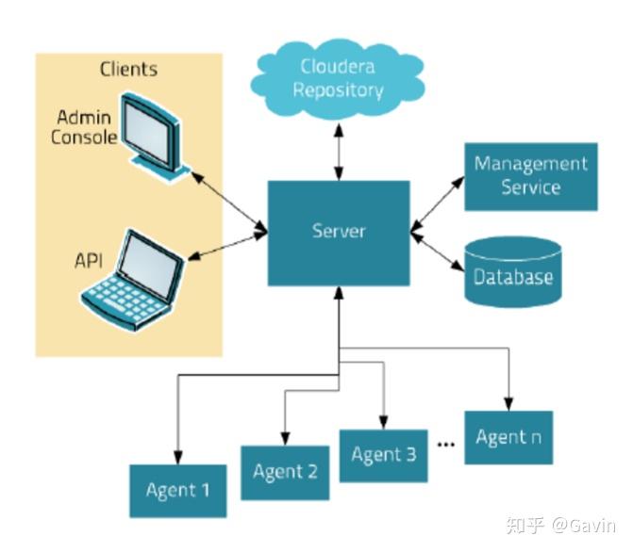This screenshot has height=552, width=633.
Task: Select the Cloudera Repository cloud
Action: [x=339, y=79]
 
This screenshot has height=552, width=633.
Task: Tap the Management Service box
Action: [x=530, y=176]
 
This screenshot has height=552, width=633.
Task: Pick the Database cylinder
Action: [x=513, y=272]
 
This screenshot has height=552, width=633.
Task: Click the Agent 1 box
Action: [x=178, y=490]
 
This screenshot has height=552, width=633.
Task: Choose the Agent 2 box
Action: [x=285, y=472]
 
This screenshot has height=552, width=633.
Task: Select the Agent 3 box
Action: [x=383, y=455]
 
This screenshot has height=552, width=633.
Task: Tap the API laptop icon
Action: [x=131, y=278]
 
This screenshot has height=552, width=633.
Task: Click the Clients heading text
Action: [x=128, y=70]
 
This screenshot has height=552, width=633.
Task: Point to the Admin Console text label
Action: [x=86, y=127]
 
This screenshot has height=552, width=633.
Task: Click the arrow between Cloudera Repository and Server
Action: [x=339, y=150]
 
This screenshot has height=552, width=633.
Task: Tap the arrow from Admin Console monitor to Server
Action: [x=228, y=200]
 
